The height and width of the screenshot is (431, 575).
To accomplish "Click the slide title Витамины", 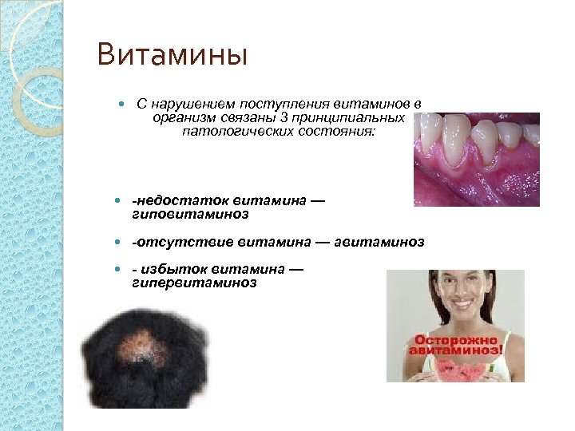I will (x=172, y=57).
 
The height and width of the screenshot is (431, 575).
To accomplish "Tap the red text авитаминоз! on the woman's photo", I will (x=456, y=349).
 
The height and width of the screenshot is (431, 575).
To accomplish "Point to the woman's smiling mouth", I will (x=458, y=306).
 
